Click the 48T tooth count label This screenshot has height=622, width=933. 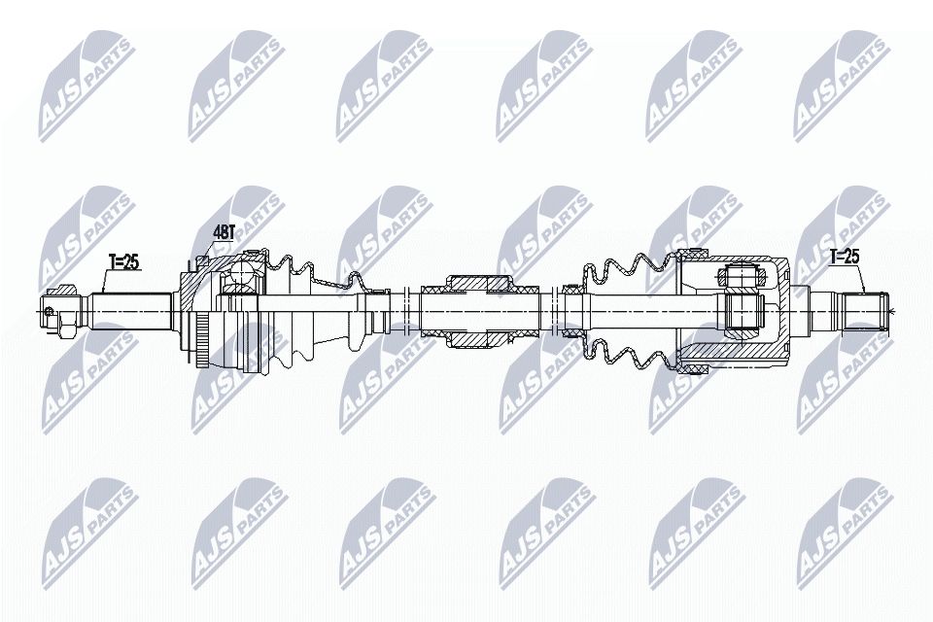[x=224, y=232]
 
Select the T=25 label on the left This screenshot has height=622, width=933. [x=124, y=260]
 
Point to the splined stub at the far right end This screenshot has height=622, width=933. [x=864, y=310]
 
